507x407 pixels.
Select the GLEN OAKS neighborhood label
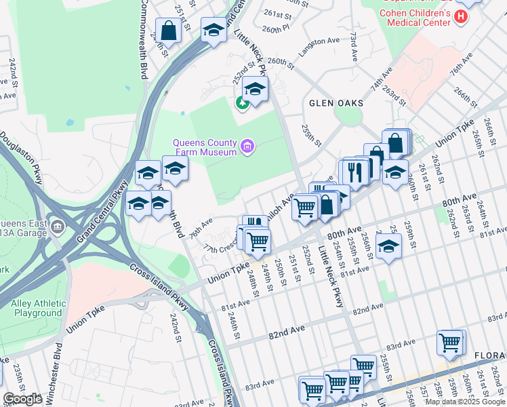click(x=336, y=103)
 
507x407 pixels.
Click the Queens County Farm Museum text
click(x=205, y=147)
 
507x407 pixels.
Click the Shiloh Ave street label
click(x=281, y=203)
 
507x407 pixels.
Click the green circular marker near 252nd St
click(x=241, y=104)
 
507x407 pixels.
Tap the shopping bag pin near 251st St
click(x=168, y=31)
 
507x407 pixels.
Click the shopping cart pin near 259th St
click(x=449, y=343)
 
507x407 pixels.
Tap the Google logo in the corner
click(x=22, y=400)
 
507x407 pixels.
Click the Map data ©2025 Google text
click(x=465, y=402)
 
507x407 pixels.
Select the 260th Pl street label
click(x=275, y=30)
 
